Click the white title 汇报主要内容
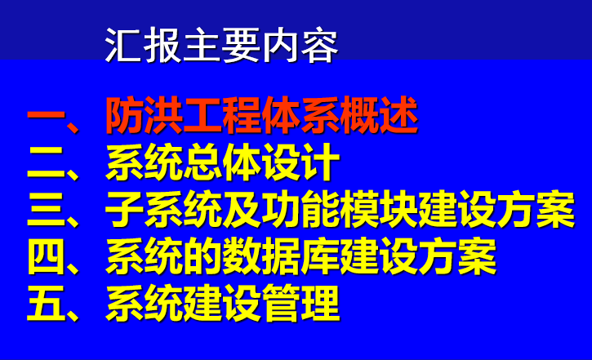coord(221,45)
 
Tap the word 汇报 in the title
coord(144,45)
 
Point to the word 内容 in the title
coord(300,45)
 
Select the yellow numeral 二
coord(46,162)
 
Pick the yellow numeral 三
coord(46,209)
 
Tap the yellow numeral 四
coord(46,256)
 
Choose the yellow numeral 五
coord(46,303)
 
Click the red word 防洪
coord(145,115)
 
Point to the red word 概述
coord(379,115)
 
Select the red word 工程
coord(222,115)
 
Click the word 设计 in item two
coord(300,162)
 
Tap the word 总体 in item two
coord(222,162)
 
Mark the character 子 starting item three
coord(125,209)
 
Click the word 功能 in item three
coord(300,209)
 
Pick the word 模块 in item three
coord(378,209)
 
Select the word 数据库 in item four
coord(281,256)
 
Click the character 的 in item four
coord(203,256)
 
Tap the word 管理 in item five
coord(300,303)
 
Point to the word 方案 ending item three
coord(535,209)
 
